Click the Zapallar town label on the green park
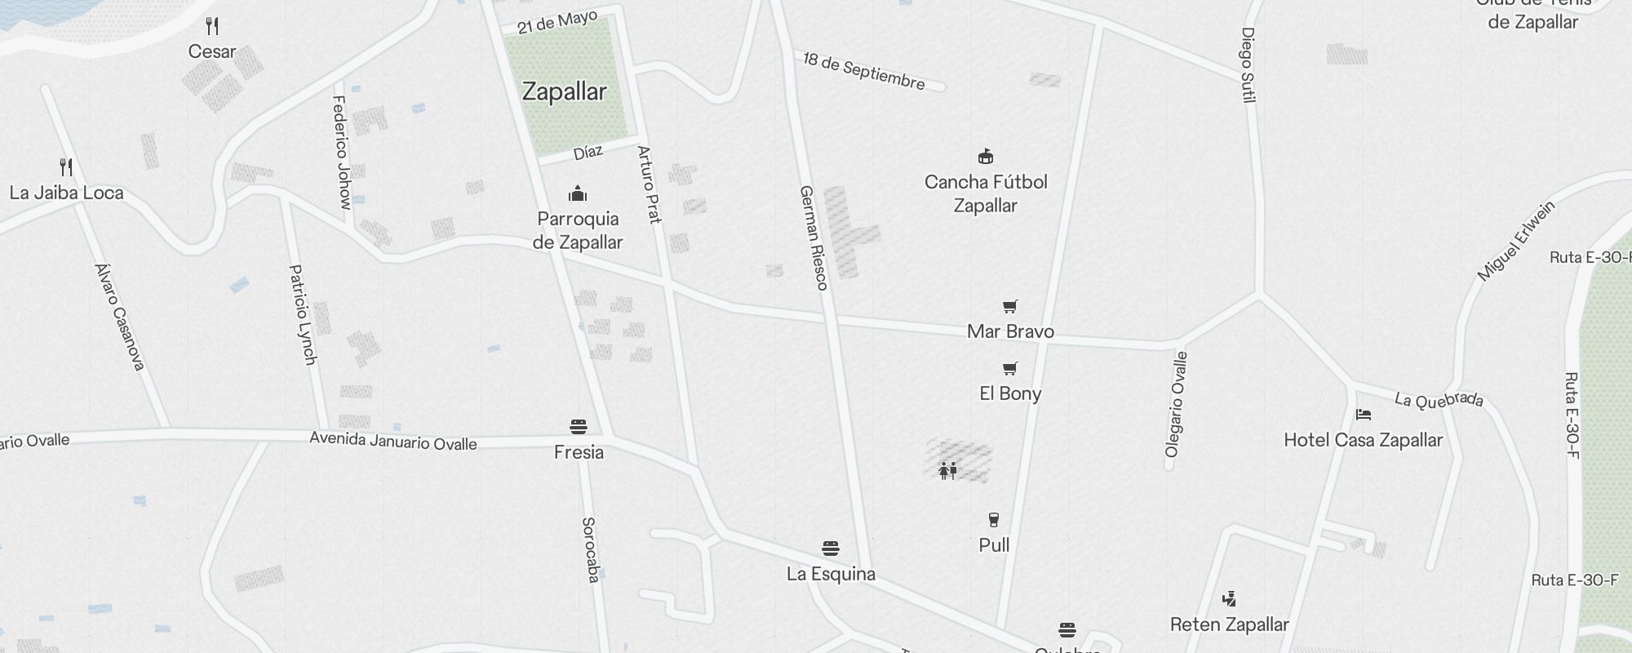pos(564,91)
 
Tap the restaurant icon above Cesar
pos(212,26)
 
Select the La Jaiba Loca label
pos(66,193)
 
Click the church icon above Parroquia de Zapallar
pos(578,193)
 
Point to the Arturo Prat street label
pos(649,184)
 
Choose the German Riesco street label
pos(814,238)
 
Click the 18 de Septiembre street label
pos(863,71)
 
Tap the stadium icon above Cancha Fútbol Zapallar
pos(986,157)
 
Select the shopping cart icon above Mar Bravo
pos(1010,307)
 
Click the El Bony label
pos(1010,393)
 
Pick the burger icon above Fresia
pos(579,427)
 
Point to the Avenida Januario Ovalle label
pos(392,441)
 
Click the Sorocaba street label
pos(591,549)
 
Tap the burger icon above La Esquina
pos(831,548)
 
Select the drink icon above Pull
pos(993,520)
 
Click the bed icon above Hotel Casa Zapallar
pos(1363,415)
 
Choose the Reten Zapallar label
pos(1229,624)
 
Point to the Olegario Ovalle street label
pos(1176,404)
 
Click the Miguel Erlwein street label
pos(1516,242)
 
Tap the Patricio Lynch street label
pos(303,314)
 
